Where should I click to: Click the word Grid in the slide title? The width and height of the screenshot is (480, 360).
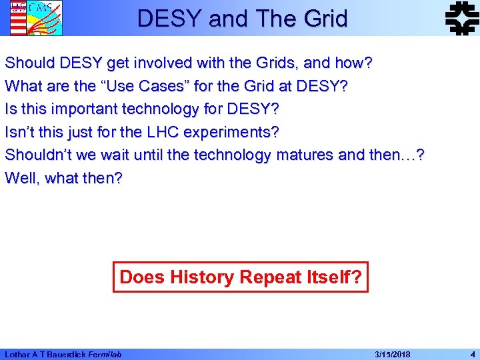coord(324,18)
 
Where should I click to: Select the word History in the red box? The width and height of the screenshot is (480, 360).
coord(203,277)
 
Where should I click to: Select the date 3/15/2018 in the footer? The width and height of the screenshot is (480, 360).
coord(393,354)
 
